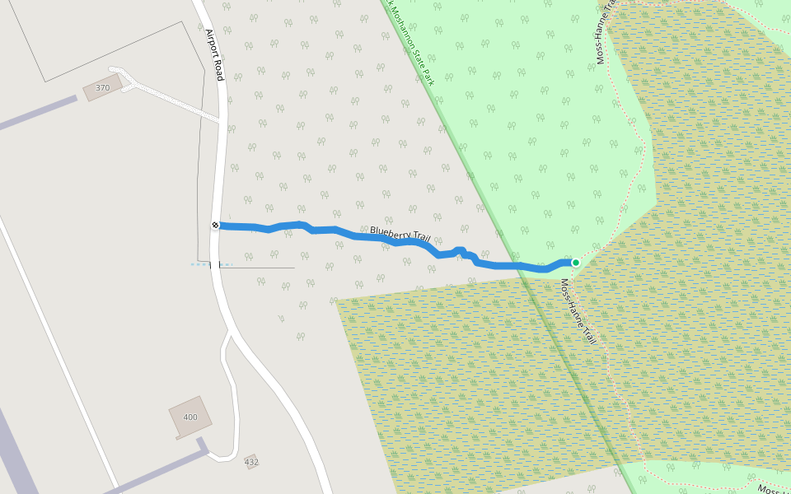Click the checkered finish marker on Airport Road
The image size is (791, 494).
215,225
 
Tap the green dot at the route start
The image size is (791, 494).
576,263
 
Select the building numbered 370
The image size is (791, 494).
103,87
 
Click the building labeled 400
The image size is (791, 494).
190,417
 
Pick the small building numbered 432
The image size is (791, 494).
251,462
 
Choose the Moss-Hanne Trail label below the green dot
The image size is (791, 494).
578,311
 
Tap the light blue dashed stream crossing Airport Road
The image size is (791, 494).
201,264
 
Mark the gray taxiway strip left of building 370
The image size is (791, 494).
37,114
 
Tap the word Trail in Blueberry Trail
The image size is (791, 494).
420,239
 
